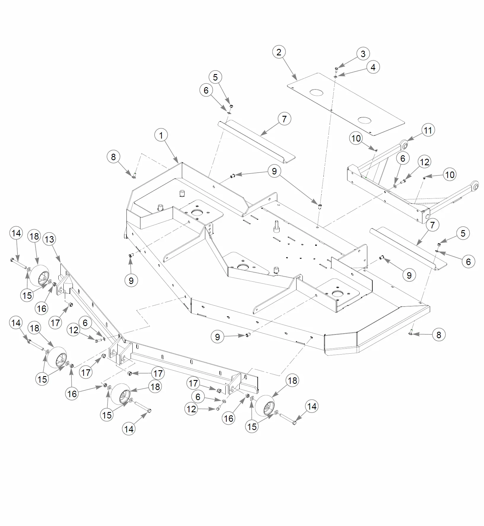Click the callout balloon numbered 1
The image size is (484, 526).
coord(161,136)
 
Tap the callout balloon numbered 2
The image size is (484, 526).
coord(279,52)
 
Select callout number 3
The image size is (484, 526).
coord(363,54)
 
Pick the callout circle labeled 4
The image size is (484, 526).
coord(373,67)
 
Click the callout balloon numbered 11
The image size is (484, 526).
coord(428,130)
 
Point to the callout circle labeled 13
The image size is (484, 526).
coord(49,239)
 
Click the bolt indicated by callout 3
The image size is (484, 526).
coord(336,69)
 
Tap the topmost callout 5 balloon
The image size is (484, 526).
coord(215,77)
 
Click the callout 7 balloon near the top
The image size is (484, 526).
coord(284,119)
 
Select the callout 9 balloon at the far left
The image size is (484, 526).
coord(131,280)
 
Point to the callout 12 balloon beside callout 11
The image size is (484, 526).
coord(424,162)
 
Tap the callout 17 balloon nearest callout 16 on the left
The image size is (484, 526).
coord(55,323)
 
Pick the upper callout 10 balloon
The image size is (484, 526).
coord(356,138)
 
